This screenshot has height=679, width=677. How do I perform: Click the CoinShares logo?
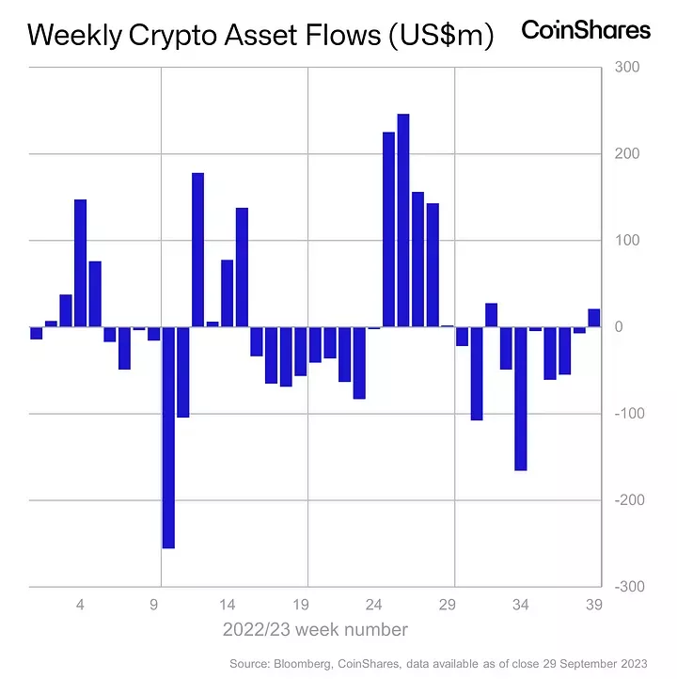coord(585,30)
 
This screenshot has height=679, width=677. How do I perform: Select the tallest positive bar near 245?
coord(403,220)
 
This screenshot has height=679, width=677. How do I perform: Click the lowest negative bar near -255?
coord(168,437)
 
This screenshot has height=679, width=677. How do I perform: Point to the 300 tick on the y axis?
coord(626,68)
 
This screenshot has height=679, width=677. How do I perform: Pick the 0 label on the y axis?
coord(620,327)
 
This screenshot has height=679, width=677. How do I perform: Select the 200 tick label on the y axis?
coord(626,154)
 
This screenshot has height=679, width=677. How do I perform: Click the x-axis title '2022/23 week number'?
coord(315,629)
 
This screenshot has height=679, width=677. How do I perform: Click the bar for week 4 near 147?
coord(81,263)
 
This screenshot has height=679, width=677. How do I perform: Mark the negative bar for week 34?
coord(521,399)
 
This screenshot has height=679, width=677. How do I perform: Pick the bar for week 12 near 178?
coord(197,250)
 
